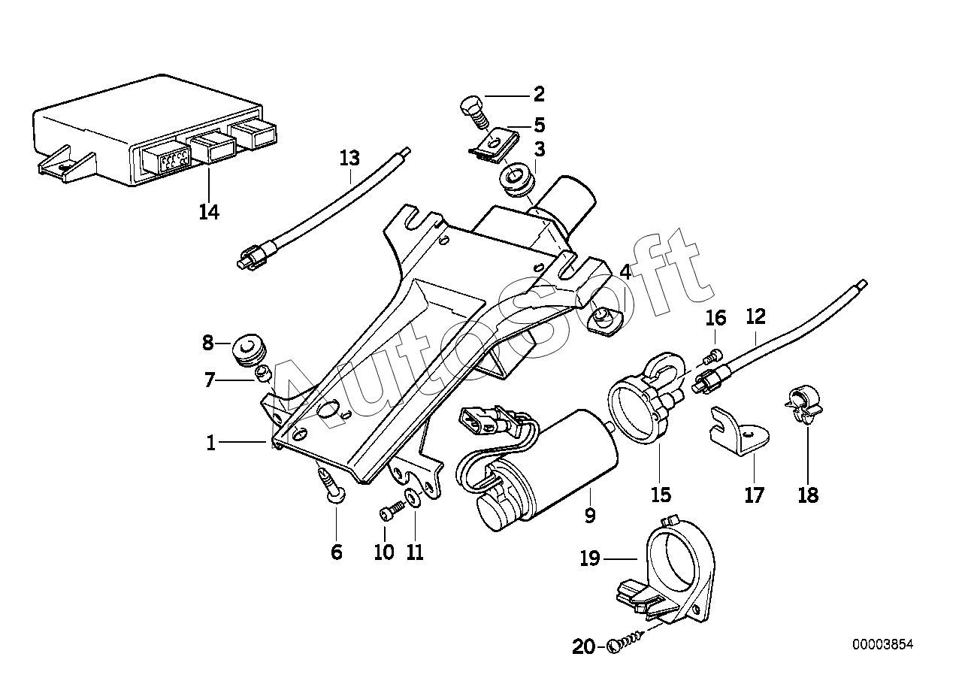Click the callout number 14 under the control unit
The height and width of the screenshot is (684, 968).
coord(209,212)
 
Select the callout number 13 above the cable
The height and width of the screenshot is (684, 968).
coord(349,158)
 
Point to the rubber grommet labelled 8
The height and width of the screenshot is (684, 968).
coord(249,349)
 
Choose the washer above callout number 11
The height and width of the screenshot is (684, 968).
coord(413,498)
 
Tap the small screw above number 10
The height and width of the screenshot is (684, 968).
coord(391,511)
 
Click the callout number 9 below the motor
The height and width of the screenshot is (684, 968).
coord(590,516)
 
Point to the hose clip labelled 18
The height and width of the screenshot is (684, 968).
coord(804,406)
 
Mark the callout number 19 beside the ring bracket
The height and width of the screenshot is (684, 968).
coord(590,558)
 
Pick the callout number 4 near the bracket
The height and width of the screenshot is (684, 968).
coord(625,273)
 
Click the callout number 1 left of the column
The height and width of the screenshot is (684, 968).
coord(210,443)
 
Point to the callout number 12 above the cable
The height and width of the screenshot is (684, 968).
coord(756,317)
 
